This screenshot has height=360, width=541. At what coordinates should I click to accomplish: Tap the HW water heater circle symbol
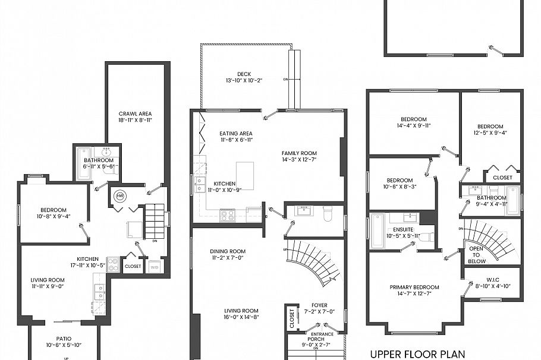click(119, 195)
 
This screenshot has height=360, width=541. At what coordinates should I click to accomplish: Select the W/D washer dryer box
click(155, 266)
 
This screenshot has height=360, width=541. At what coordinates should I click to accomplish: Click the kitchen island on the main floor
click(244, 175)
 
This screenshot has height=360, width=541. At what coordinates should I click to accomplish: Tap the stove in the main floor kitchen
click(227, 216)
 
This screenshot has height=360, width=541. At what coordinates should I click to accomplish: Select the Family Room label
click(300, 153)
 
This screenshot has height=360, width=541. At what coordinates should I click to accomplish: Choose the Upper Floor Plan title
click(416, 354)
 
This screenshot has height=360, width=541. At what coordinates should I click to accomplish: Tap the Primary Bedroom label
click(414, 288)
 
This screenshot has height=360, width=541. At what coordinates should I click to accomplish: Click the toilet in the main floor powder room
click(326, 213)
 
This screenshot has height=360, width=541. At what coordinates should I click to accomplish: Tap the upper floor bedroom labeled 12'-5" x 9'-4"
click(490, 130)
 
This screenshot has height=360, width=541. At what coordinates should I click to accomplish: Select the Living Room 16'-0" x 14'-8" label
click(241, 314)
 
